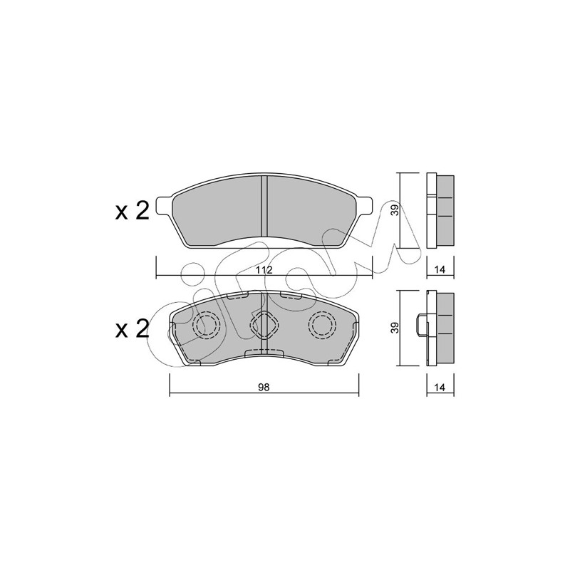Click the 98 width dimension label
pos(264,388)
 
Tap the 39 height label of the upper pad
pos(396,209)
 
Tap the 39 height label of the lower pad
pos(396,327)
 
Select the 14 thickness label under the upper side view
pos(440,270)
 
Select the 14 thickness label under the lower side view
pos(440,388)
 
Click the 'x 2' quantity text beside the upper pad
pos(133,211)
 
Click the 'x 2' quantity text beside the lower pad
pos(133,329)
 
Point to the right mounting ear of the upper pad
pos(365,206)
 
